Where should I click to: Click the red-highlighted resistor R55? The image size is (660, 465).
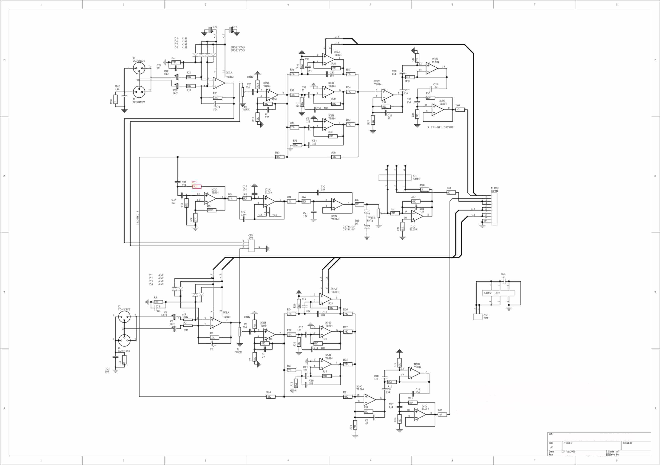pyautogui.click(x=197, y=186)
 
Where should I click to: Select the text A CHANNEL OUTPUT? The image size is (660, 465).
pyautogui.click(x=440, y=127)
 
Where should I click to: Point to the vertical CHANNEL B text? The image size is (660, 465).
pyautogui.click(x=138, y=218)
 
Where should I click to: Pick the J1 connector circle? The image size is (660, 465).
pyautogui.click(x=124, y=341)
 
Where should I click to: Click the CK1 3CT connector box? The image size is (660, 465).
pyautogui.click(x=251, y=246)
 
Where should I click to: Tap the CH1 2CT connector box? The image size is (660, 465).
pyautogui.click(x=477, y=317)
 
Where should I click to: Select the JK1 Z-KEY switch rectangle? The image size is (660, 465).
pyautogui.click(x=395, y=178)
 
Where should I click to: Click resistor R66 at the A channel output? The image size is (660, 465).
pyautogui.click(x=460, y=110)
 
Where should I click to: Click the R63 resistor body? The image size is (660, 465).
pyautogui.click(x=279, y=157)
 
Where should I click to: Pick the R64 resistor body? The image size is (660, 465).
pyautogui.click(x=270, y=397)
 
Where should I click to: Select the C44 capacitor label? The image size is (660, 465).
pyautogui.click(x=235, y=27)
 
